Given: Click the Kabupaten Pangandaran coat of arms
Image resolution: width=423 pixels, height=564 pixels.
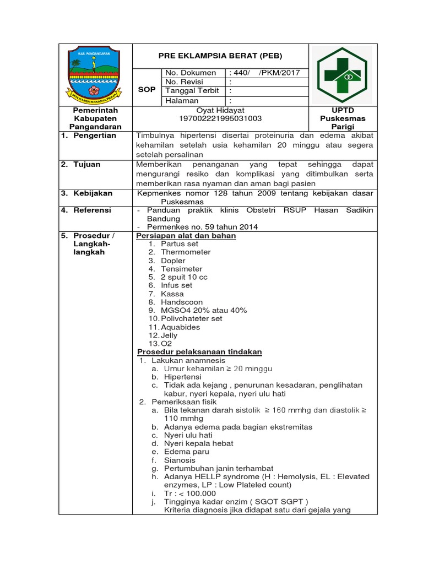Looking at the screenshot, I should (95, 75).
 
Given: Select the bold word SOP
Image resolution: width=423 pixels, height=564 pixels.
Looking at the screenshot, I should (147, 89).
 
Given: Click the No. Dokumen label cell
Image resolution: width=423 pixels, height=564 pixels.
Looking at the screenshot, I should (192, 73).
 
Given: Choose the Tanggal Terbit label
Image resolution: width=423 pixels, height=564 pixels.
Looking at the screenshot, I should (192, 91).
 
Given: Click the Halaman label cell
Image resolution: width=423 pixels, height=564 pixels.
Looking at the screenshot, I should (182, 101).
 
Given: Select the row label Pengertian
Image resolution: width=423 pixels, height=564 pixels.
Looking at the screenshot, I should (95, 135).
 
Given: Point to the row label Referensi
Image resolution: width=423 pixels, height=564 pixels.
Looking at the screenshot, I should (92, 210).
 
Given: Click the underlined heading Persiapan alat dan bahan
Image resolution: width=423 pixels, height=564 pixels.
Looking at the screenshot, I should (186, 236).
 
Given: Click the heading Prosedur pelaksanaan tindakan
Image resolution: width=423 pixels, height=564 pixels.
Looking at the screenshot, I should (199, 352).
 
